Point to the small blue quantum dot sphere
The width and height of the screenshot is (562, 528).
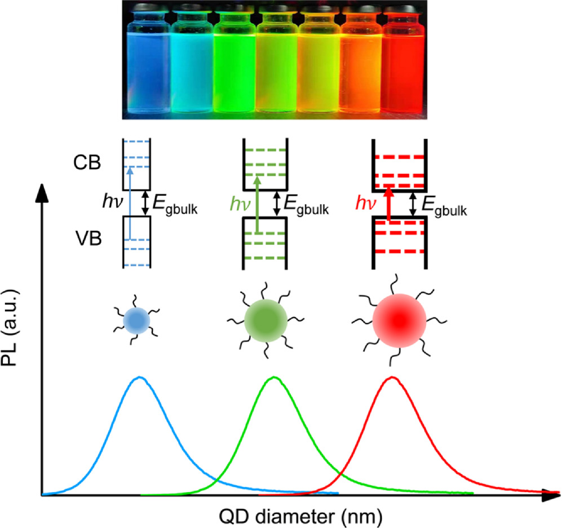click(x=136, y=320)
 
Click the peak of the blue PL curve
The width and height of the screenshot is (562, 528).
click(x=140, y=377)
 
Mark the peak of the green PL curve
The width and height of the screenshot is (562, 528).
click(x=273, y=377)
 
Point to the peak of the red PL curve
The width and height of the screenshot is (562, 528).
click(x=392, y=377)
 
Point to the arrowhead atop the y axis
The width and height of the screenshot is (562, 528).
click(x=41, y=192)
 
